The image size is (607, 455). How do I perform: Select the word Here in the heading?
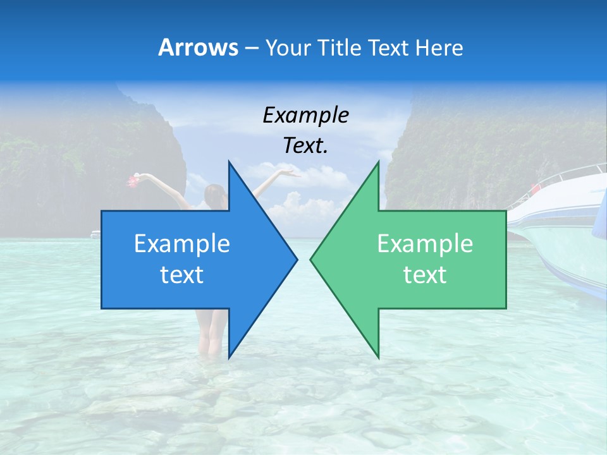click(439, 48)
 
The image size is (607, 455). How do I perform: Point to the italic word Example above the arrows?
click(305, 115)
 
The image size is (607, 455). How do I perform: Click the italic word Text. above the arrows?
click(305, 145)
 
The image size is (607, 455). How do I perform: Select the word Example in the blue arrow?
click(181, 244)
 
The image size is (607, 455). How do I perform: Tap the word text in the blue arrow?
click(181, 274)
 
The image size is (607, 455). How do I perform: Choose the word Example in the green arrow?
click(425, 244)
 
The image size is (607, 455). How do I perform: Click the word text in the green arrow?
click(425, 274)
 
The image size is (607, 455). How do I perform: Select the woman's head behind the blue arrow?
click(215, 193)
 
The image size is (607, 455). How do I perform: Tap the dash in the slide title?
click(251, 48)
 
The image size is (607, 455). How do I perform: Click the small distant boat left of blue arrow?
click(95, 234)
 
